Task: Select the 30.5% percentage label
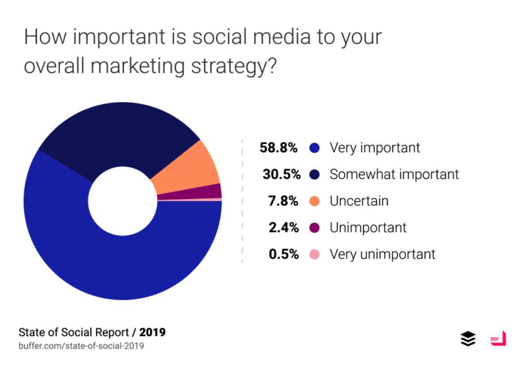281,174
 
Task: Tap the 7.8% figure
284,201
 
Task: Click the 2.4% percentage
284,228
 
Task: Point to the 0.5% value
284,254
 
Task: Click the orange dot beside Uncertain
315,201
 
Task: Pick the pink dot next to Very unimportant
315,255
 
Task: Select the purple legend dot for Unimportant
315,228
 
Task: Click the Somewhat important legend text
394,174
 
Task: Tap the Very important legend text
375,148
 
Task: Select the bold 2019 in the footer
152,332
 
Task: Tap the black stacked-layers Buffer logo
468,339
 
